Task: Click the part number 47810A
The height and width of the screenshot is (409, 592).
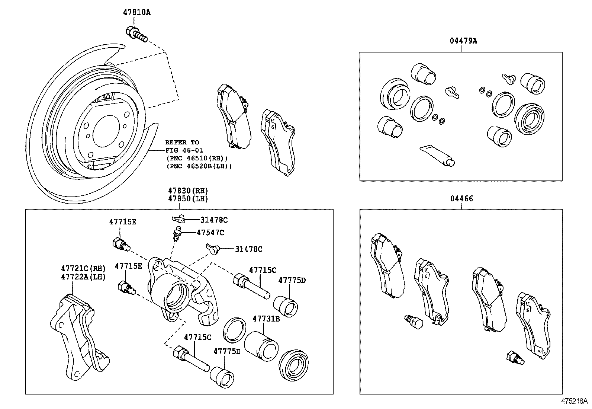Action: point(136,12)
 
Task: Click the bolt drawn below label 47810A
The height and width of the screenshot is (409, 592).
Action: point(136,34)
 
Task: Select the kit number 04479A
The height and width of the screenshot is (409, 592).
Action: point(463,41)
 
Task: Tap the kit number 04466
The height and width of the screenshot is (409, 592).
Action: point(461,199)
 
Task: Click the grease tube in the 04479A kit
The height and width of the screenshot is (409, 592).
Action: point(437,155)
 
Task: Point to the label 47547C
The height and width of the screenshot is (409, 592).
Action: point(210,233)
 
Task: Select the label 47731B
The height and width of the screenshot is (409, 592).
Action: point(266,319)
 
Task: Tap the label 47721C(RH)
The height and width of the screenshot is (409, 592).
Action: point(83,268)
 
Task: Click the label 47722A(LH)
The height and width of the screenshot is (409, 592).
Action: point(83,277)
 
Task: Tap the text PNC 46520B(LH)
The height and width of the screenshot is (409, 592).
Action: point(199,166)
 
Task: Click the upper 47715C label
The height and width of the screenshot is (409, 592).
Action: point(263,270)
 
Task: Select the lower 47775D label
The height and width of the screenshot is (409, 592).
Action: point(227,351)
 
